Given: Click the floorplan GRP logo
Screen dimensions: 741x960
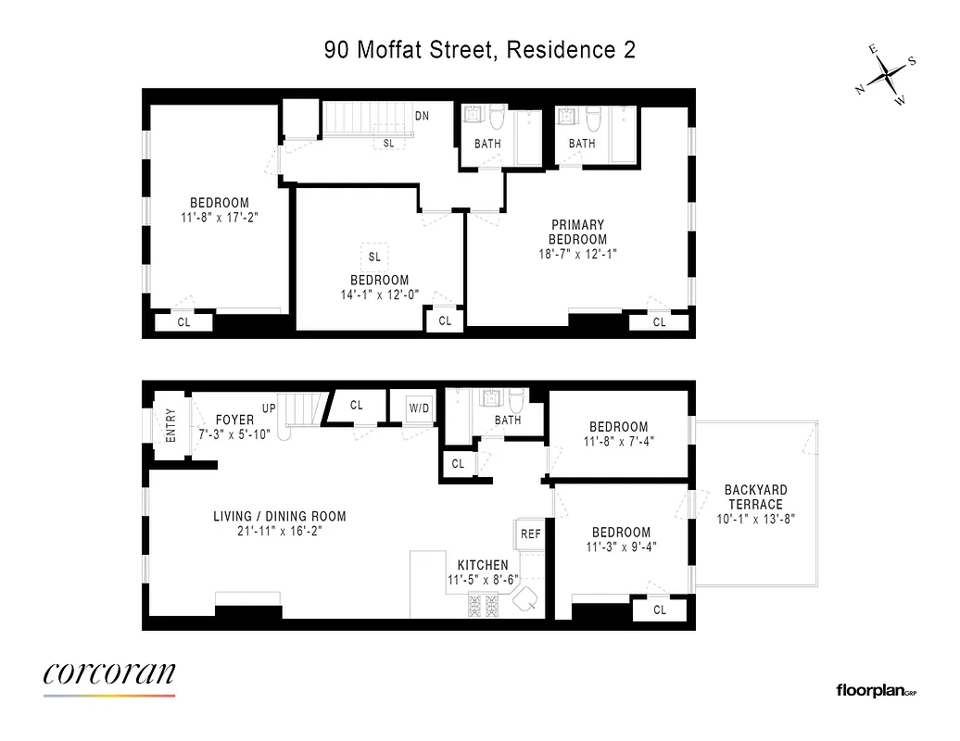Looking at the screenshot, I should coord(876,690).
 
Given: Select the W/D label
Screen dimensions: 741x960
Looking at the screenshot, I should coord(419,407).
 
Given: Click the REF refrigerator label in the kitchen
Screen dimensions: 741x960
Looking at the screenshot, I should coord(530,534).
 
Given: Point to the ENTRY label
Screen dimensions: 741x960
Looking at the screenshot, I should coord(171,426).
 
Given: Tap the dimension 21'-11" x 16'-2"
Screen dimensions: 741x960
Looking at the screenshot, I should coord(279,532).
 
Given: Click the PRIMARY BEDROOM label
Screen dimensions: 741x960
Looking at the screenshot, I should coord(578,232).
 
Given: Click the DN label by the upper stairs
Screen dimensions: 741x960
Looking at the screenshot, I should coord(423,116).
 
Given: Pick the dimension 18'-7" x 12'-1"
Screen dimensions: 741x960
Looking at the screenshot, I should coord(578,254).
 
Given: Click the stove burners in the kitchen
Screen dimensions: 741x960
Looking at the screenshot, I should coord(483,607).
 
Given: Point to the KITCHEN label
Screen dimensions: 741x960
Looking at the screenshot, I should coord(482,565).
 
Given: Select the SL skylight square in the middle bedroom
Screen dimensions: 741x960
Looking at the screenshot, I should coord(374,257).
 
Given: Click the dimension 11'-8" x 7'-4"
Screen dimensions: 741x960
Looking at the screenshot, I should coord(619,442).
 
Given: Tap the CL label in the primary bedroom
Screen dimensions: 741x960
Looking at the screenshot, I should coord(659,322).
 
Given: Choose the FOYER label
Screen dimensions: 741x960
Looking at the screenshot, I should coord(234,420).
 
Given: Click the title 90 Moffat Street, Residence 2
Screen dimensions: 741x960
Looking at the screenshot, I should coord(480,50).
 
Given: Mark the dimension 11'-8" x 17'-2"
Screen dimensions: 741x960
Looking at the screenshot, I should coord(220,219).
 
